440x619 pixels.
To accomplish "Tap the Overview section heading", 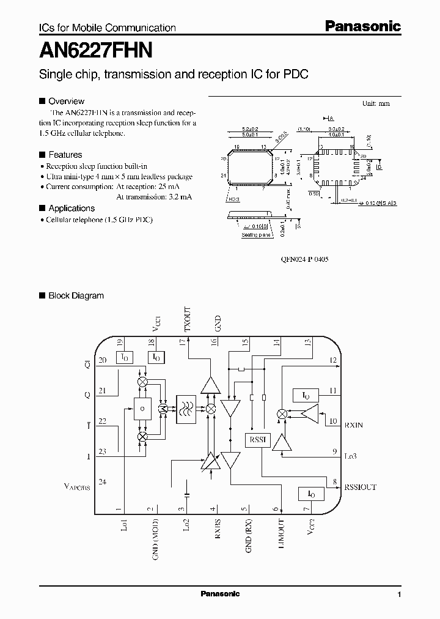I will [x=66, y=101].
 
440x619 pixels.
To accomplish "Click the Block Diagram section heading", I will [x=76, y=295].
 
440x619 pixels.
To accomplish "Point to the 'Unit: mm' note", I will [x=376, y=103].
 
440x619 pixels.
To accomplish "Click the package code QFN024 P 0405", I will [x=296, y=259].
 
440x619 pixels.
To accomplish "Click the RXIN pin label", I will [x=354, y=424].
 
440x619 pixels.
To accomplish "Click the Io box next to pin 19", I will [x=124, y=357].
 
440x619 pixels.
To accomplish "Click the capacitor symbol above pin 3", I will [x=187, y=491].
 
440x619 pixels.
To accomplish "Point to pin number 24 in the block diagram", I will [x=103, y=482].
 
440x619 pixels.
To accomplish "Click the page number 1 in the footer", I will [x=399, y=595].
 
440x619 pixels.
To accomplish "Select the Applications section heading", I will [x=71, y=208].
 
